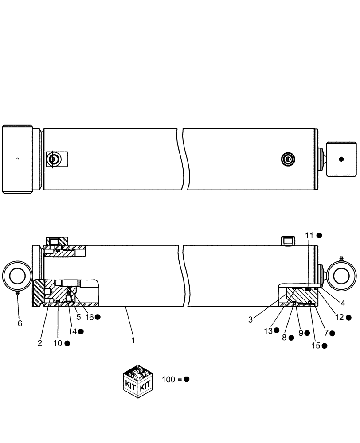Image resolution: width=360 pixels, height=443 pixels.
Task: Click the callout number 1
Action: click(x=133, y=341)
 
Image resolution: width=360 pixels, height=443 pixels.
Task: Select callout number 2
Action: click(x=40, y=343)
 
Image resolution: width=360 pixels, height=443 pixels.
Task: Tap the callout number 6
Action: click(x=20, y=323)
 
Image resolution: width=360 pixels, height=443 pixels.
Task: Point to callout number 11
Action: click(x=309, y=235)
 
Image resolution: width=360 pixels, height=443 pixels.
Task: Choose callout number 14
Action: click(x=72, y=331)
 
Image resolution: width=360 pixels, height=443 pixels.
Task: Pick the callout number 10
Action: click(x=58, y=343)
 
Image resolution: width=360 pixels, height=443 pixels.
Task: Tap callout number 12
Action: click(x=339, y=317)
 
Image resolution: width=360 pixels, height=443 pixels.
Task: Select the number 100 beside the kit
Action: click(x=168, y=379)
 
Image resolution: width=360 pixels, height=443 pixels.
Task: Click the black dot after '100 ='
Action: click(x=187, y=379)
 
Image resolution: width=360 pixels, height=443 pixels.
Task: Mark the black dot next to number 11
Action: click(x=319, y=235)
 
